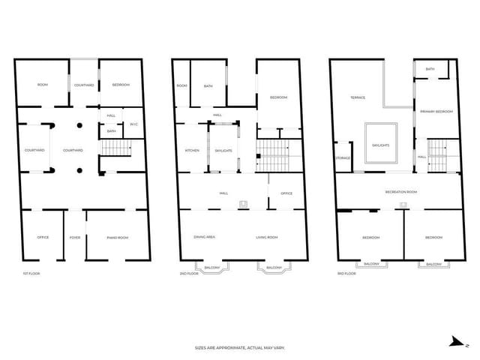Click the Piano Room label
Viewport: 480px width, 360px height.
[118, 238]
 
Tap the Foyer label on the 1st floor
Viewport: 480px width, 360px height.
[75, 238]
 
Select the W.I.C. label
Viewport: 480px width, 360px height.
[133, 124]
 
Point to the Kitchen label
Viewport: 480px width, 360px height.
[192, 151]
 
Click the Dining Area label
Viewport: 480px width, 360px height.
[205, 237]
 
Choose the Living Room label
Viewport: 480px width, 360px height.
[267, 237]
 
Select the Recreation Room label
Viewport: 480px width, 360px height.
[401, 192]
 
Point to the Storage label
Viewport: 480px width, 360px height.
[343, 157]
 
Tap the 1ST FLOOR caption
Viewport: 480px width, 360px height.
[31, 274]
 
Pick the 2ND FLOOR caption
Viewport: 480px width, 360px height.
[188, 274]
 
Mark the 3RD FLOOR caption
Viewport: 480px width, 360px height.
[346, 274]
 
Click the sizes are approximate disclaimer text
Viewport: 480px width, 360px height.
[240, 348]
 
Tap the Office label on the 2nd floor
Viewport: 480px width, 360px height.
[286, 193]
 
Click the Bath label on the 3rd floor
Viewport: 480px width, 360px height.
[430, 69]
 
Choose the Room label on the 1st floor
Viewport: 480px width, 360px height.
[43, 85]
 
